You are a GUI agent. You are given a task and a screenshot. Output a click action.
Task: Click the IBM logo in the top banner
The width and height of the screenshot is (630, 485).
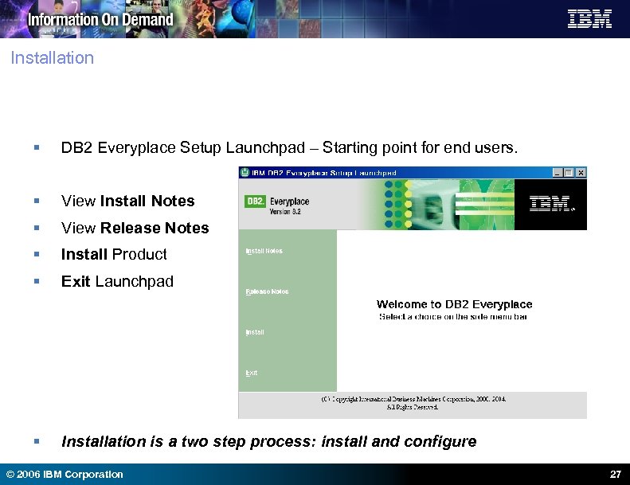pos(589,19)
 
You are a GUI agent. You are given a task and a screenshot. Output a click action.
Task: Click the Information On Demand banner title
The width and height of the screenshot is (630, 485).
pos(100,19)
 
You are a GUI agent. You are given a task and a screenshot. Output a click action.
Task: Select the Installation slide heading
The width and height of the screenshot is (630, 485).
pos(53,58)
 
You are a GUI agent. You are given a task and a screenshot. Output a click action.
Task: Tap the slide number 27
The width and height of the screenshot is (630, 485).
pos(614,475)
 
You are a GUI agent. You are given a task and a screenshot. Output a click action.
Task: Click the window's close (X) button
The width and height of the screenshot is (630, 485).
pos(581,172)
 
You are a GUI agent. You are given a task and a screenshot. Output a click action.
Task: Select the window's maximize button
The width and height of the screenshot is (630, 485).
pos(569,172)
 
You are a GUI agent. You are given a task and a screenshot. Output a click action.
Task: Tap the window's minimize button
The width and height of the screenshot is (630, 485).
pos(558,172)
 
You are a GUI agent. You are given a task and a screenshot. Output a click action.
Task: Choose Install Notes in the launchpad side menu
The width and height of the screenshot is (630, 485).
pos(264,251)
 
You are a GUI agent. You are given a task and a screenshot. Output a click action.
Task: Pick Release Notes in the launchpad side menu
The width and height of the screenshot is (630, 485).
pos(267,291)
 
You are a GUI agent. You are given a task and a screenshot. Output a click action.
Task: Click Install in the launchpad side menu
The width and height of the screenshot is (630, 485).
pos(254,332)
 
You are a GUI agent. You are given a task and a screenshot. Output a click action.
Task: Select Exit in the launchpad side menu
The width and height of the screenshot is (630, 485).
pos(251,373)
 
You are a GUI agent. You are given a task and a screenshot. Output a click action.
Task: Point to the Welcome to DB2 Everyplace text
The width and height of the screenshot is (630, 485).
pos(454,304)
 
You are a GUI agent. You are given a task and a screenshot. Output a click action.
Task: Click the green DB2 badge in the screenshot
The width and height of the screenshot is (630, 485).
pos(255,201)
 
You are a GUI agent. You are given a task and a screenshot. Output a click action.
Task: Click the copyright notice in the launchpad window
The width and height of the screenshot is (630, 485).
pos(413,402)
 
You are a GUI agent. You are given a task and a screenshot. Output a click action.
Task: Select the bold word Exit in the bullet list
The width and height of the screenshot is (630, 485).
pos(76,281)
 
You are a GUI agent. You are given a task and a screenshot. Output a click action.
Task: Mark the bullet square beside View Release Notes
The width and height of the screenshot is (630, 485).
pos(37,229)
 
